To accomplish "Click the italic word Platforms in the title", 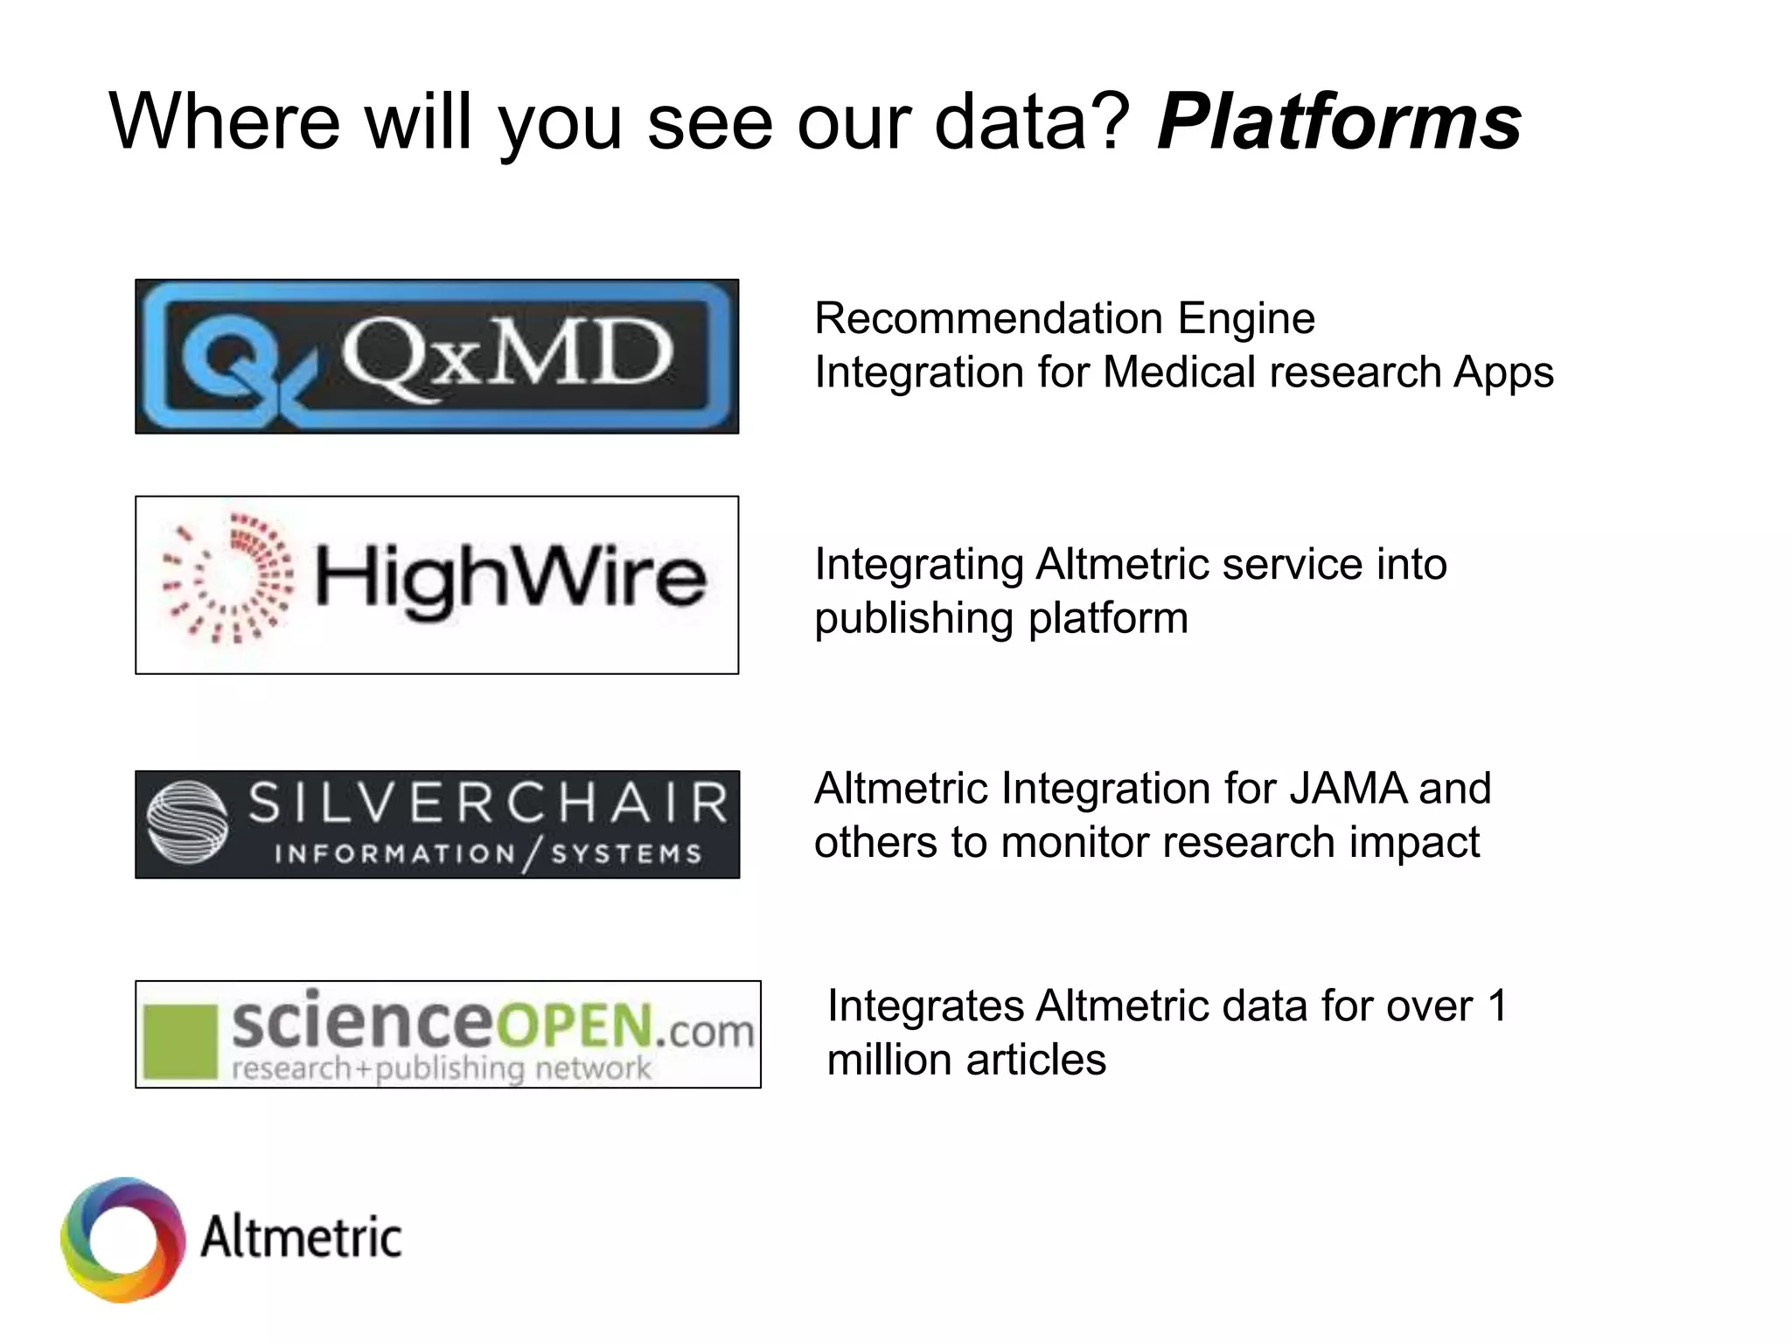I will click(x=1339, y=122).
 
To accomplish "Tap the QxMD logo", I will click(x=436, y=357).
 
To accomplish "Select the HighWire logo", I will click(x=436, y=585).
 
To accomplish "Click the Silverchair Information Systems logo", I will click(x=436, y=825).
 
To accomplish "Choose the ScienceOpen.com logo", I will click(x=448, y=1034).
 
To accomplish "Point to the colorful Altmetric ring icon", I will click(x=123, y=1239).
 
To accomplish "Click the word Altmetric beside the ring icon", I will click(x=301, y=1237).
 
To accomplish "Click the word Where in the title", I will click(x=225, y=122).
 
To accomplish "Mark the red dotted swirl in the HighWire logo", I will click(x=227, y=578).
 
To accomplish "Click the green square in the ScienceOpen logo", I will click(x=180, y=1041).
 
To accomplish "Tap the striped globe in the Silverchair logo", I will click(x=187, y=822).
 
